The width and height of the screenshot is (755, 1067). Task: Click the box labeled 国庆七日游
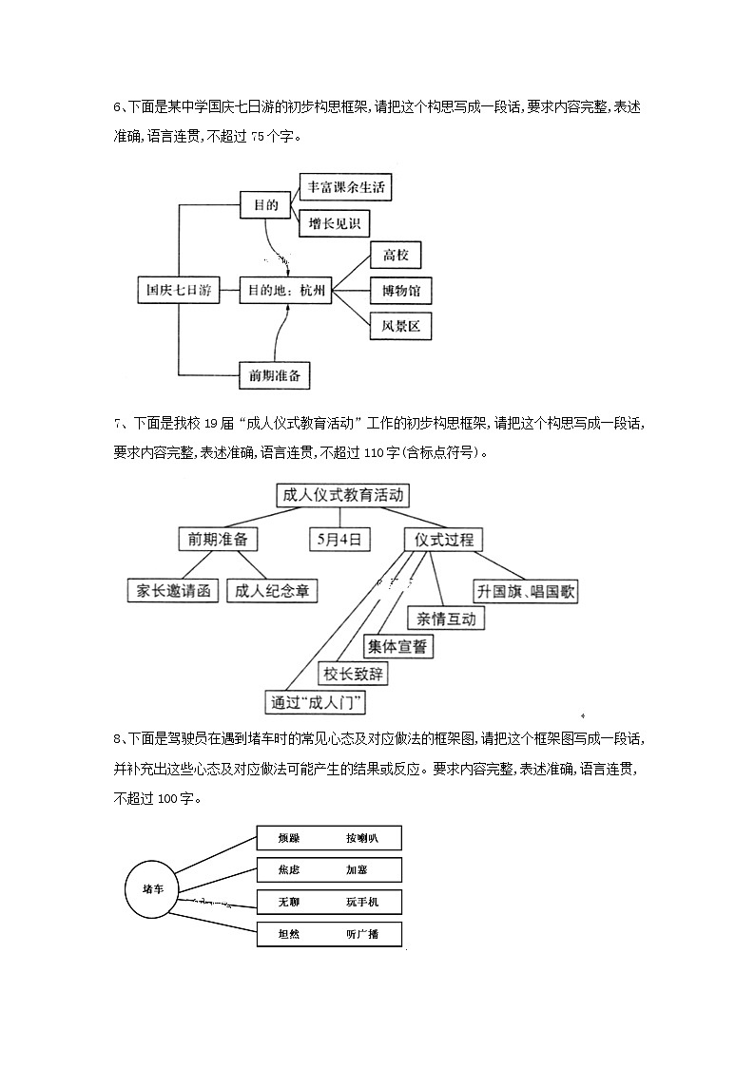click(179, 291)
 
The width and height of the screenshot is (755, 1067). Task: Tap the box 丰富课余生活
click(345, 187)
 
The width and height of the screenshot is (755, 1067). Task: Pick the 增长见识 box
click(334, 224)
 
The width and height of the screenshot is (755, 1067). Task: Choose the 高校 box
click(395, 255)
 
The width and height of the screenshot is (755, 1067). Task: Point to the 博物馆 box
click(400, 291)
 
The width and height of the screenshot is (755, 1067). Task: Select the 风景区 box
click(400, 327)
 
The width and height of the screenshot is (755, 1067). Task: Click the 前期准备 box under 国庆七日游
click(274, 375)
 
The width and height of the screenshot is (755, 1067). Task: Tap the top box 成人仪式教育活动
click(342, 495)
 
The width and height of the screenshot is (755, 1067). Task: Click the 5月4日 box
click(339, 539)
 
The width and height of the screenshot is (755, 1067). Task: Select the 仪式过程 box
click(443, 539)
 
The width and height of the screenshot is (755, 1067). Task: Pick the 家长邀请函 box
click(173, 590)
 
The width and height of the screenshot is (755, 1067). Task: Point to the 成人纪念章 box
click(271, 590)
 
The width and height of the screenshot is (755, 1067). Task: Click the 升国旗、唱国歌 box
click(526, 591)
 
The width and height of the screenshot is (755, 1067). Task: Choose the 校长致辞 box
click(354, 674)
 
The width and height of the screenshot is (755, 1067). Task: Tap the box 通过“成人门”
click(318, 702)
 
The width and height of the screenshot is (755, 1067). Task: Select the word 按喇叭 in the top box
click(362, 838)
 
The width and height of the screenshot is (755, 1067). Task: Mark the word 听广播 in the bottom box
click(362, 934)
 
